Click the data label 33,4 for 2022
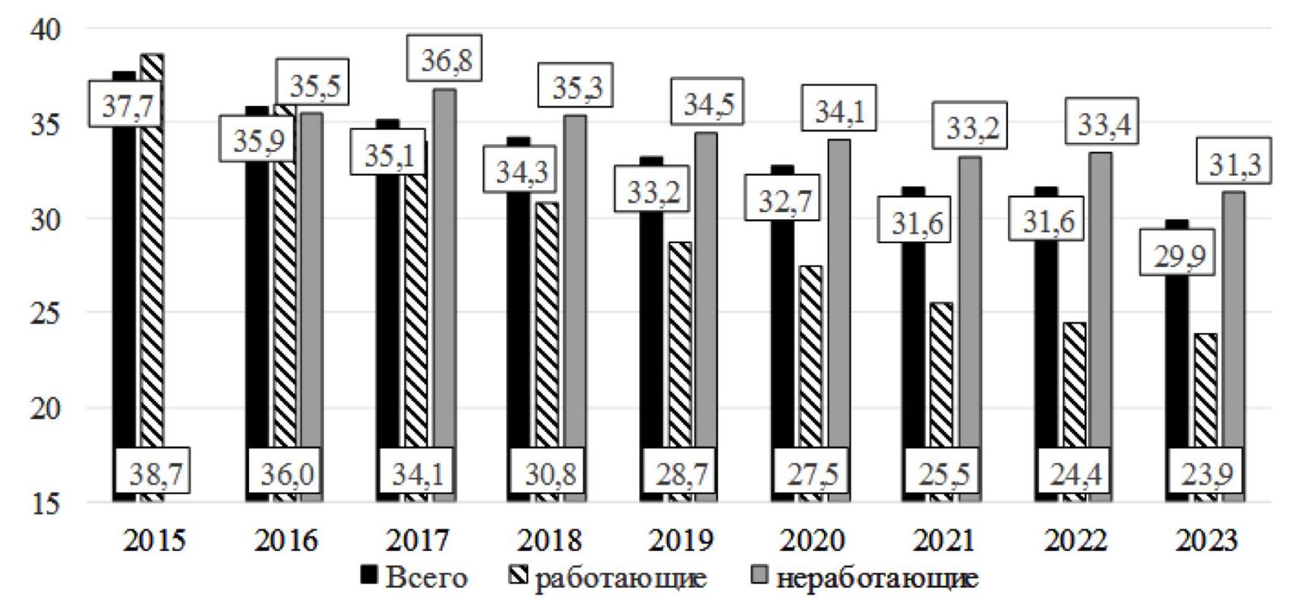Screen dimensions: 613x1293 (x=1104, y=124)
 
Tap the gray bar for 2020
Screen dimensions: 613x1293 (x=838, y=317)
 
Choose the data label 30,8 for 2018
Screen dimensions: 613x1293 (x=548, y=474)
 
